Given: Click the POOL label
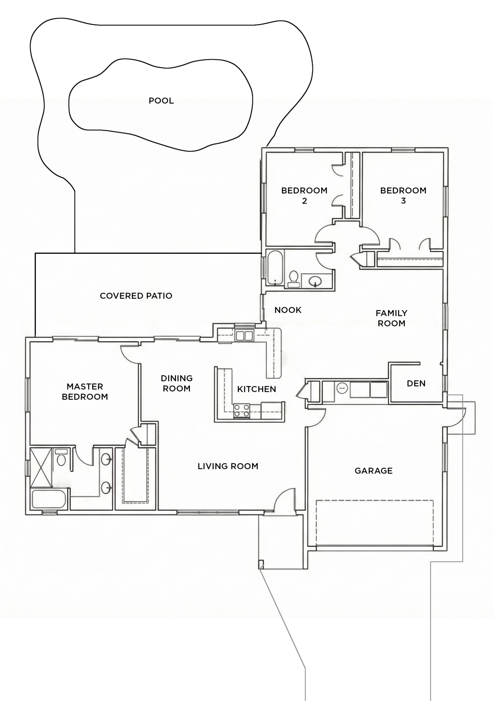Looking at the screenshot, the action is [x=161, y=101].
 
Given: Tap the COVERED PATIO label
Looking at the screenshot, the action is [x=136, y=296].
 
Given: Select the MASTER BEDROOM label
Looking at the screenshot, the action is [x=85, y=392].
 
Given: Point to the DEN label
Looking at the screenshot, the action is [x=416, y=383].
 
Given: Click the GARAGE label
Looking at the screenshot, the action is [x=373, y=471].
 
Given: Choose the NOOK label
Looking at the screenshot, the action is [x=288, y=310].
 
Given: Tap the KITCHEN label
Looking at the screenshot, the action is [x=257, y=389].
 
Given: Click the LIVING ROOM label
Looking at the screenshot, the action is [x=228, y=466].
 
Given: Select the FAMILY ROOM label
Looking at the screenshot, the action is [x=392, y=318].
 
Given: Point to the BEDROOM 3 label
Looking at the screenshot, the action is [x=403, y=196].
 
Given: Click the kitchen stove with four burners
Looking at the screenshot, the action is [x=242, y=410].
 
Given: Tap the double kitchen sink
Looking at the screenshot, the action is [x=244, y=336].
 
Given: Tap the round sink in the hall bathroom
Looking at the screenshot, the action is [x=316, y=281].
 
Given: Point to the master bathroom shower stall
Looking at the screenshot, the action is [x=41, y=467].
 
